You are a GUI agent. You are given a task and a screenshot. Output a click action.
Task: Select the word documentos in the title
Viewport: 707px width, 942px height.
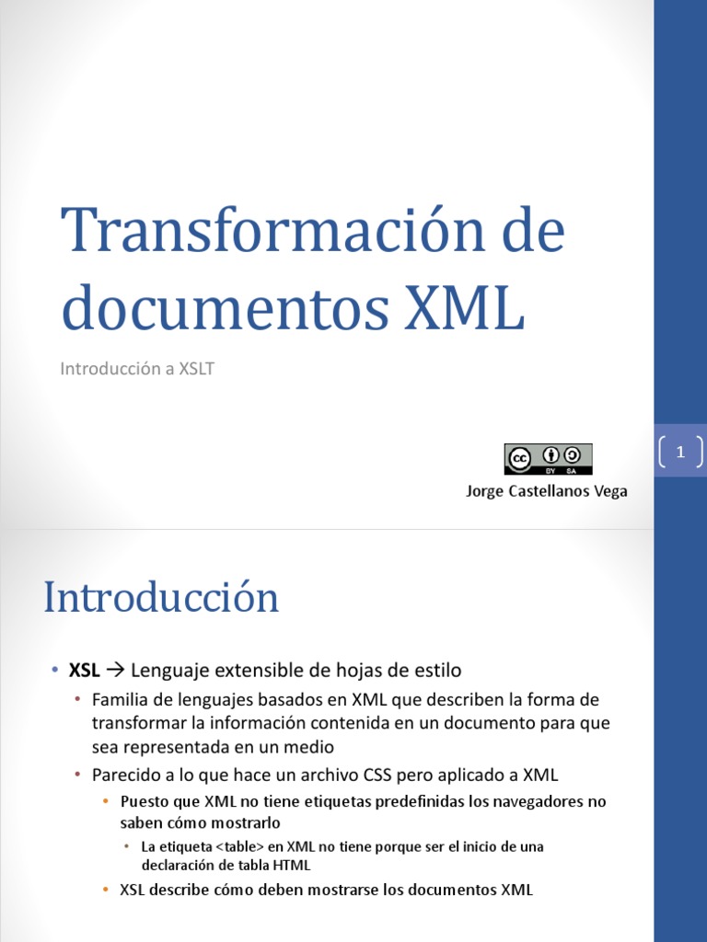(x=217, y=309)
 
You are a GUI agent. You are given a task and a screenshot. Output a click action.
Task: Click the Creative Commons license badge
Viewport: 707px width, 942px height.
(x=548, y=458)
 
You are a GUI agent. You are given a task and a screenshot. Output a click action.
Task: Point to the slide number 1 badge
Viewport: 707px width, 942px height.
(x=681, y=452)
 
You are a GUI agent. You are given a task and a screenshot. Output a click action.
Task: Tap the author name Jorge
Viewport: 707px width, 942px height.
(x=484, y=491)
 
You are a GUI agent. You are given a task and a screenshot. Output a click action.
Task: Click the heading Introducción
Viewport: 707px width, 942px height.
(x=161, y=598)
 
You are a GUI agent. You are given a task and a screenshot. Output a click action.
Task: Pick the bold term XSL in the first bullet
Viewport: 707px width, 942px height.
(x=85, y=670)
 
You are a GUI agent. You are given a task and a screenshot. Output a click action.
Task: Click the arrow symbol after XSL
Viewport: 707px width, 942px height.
(x=116, y=670)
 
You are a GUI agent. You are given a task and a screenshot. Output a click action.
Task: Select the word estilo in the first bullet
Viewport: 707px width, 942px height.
(x=437, y=670)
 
